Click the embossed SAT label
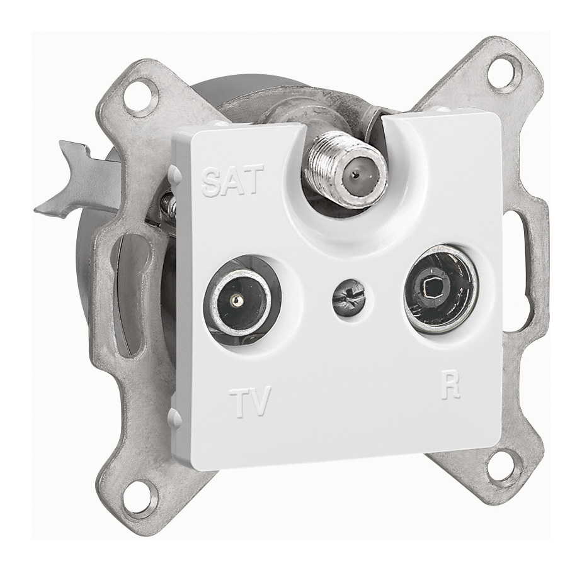232,180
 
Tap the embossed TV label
250,401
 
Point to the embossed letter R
450,387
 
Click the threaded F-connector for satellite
346,173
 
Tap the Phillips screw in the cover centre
348,299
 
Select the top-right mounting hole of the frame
505,71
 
